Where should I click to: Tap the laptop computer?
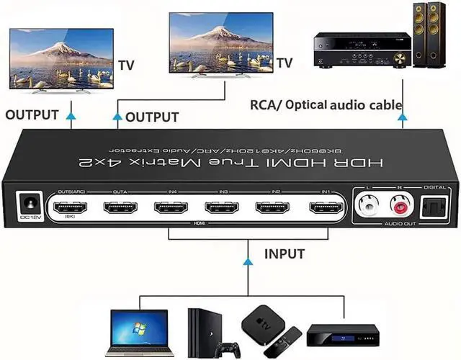tap(136, 332)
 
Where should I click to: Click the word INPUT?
tap(284, 253)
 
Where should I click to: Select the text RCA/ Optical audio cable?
tap(326, 105)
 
